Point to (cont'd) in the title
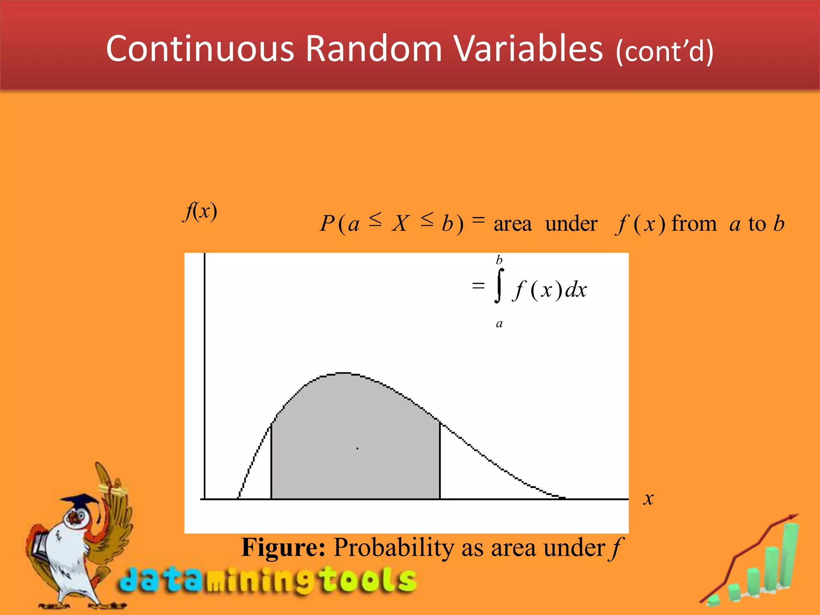coord(665,52)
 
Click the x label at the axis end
coord(648,499)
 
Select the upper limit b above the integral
coord(499,260)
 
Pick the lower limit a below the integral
coord(499,324)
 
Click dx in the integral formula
coord(576,289)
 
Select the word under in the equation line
coord(571,223)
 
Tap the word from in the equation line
coord(694,223)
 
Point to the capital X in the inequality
coord(400,223)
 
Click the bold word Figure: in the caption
coord(283,548)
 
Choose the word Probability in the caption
coord(394,548)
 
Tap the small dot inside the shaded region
coord(358,448)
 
